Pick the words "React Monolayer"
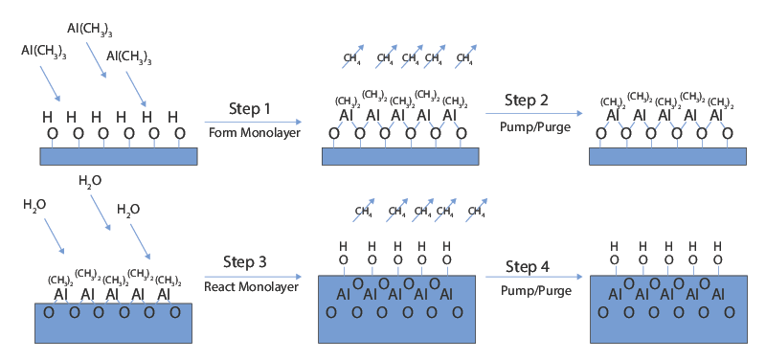click(249, 286)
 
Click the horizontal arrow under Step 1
click(252, 122)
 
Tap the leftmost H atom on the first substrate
click(46, 117)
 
